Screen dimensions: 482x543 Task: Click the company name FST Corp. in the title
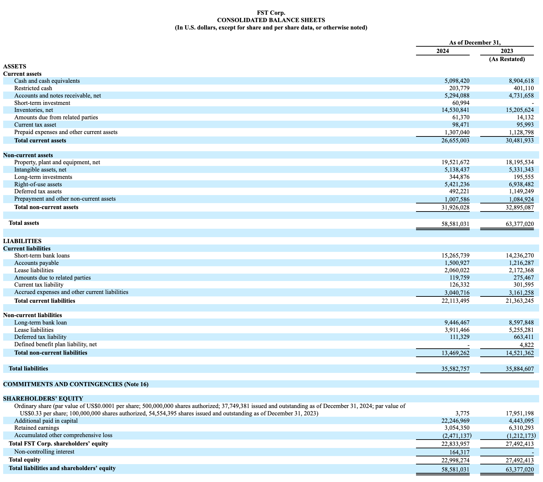pos(271,13)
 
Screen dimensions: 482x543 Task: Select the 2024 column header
pos(442,51)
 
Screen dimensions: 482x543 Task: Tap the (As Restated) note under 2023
pos(507,59)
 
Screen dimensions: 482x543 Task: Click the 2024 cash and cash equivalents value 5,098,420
pos(455,81)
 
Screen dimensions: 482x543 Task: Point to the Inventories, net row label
pos(34,110)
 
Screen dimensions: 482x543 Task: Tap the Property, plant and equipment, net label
pos(57,162)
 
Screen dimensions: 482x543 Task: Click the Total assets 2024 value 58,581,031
pos(455,224)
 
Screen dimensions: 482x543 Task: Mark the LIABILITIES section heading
pos(22,241)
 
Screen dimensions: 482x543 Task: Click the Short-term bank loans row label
pos(42,256)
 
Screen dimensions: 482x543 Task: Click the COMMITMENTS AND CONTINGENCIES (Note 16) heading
pos(76,384)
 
